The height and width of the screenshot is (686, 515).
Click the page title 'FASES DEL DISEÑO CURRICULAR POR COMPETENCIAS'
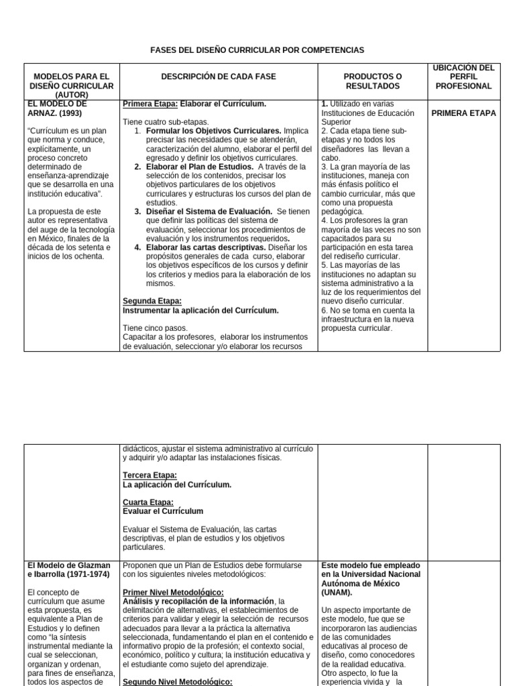257,50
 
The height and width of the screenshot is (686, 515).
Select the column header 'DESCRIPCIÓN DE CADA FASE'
219,77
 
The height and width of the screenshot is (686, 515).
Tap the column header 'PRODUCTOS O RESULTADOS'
372,82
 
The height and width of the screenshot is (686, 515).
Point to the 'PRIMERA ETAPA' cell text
463,113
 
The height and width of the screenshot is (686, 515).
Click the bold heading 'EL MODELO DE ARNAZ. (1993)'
58,109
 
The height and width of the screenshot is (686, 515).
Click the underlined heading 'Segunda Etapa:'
152,301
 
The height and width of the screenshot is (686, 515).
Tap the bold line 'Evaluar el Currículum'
163,511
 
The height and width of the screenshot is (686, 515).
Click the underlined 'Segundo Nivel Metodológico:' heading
178,682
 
